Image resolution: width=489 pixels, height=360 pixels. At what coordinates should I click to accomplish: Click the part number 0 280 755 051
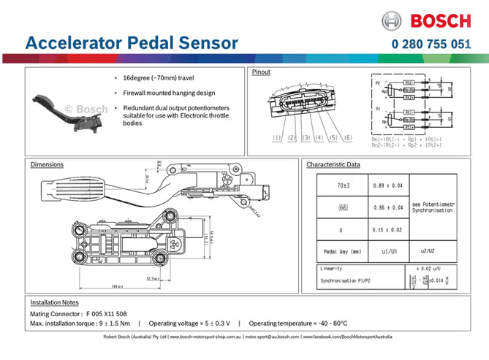coord(431,43)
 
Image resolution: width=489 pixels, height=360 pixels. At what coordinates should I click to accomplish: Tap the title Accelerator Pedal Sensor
coord(132,42)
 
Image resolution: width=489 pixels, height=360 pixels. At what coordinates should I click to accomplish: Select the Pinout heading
coord(261,72)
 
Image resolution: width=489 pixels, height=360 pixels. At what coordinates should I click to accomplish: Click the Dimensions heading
coord(47,164)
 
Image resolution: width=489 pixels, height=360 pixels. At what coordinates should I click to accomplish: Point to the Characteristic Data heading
coord(333,164)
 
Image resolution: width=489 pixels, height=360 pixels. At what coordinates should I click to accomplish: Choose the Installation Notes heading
coord(54,302)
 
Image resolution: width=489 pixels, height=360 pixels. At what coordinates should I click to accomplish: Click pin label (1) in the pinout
coord(277,138)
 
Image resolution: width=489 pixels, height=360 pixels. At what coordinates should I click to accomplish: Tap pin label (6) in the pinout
coord(347,138)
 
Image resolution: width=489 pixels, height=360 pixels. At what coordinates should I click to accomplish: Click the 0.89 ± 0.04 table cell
coord(387,186)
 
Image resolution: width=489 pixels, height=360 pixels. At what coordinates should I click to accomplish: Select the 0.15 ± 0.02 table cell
coord(387,230)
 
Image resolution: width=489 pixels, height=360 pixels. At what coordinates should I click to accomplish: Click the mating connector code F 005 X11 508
coord(106,313)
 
